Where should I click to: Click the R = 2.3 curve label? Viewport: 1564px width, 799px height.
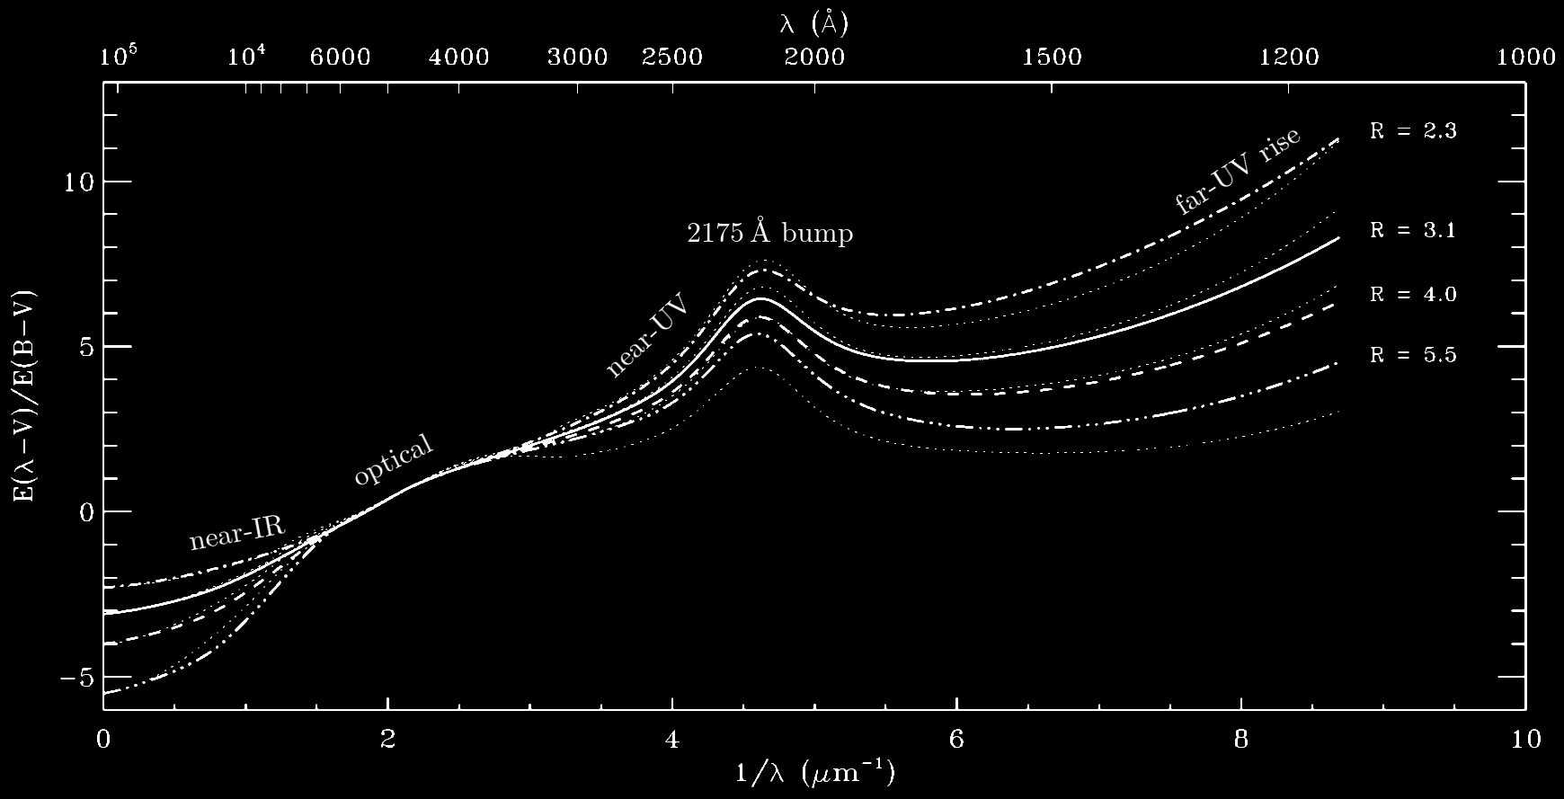[x=1413, y=131]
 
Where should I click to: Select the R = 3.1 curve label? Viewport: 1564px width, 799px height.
[x=1413, y=231]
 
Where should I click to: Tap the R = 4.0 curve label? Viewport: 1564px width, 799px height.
[x=1413, y=295]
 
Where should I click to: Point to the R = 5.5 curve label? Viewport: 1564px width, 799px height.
[x=1413, y=356]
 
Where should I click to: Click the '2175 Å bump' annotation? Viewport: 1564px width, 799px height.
[x=770, y=234]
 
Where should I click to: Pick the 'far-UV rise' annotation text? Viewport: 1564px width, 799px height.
[x=1238, y=172]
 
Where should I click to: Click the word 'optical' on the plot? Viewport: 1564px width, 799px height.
[x=394, y=462]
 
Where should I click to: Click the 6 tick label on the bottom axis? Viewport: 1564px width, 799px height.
[x=956, y=740]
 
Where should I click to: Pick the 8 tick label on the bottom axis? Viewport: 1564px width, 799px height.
[x=1241, y=740]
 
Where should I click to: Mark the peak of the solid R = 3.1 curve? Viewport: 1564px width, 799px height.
[x=760, y=298]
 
